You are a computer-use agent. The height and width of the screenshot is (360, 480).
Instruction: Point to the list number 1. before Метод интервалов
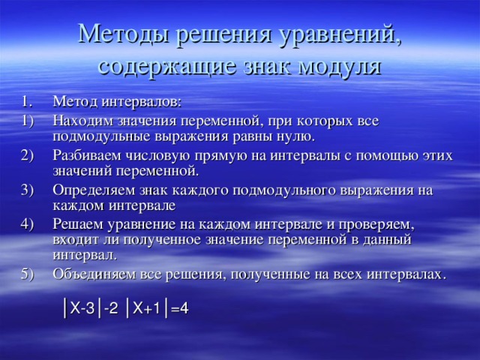click(27, 102)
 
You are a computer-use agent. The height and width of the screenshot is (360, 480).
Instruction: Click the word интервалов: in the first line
click(142, 102)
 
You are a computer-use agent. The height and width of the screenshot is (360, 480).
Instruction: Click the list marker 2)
click(27, 156)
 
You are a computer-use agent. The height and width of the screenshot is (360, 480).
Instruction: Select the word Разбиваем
click(87, 155)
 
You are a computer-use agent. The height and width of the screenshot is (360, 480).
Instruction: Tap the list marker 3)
click(27, 190)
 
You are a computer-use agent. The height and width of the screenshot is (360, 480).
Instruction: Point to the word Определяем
click(94, 190)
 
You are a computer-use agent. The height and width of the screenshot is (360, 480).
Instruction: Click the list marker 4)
click(27, 224)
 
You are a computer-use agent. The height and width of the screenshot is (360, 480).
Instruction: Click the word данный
click(387, 240)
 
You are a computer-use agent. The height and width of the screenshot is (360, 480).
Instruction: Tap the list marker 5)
click(27, 274)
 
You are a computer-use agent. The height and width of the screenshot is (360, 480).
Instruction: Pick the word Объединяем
click(94, 274)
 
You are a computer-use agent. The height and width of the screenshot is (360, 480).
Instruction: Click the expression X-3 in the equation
click(82, 308)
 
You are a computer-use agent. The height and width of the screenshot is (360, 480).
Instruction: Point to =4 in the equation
click(180, 308)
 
